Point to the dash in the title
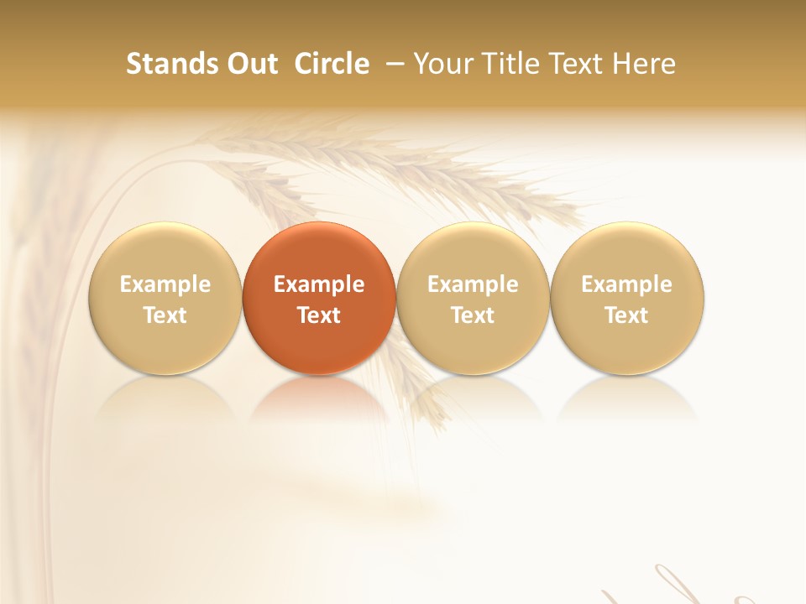391,65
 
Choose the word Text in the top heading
572,64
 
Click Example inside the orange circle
319,284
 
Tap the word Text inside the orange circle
319,315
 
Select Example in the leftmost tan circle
165,284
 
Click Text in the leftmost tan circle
165,315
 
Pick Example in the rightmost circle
626,284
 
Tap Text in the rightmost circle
626,315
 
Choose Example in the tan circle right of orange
473,284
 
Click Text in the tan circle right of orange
473,315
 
